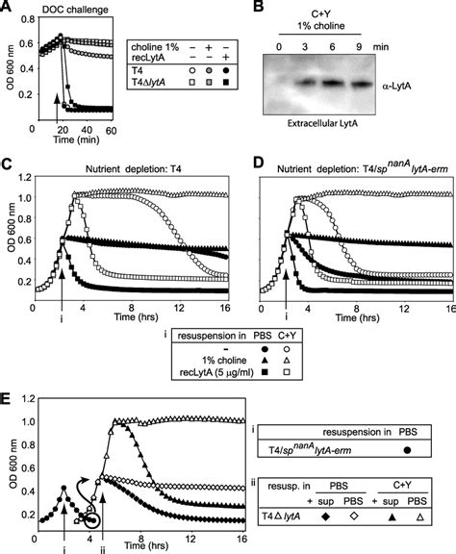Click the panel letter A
click(7, 8)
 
